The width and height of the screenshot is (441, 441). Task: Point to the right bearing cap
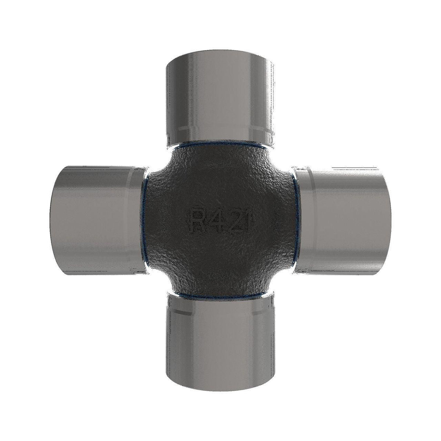(342, 220)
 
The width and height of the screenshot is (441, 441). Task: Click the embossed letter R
(197, 220)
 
